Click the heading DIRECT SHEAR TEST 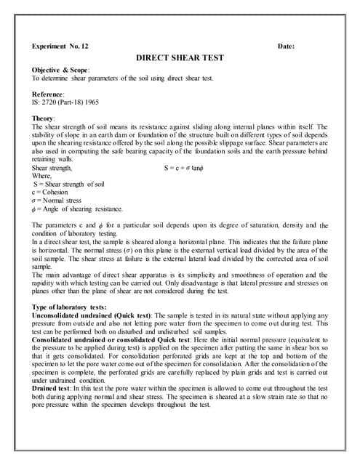[x=180, y=57]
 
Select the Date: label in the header [x=286, y=46]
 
